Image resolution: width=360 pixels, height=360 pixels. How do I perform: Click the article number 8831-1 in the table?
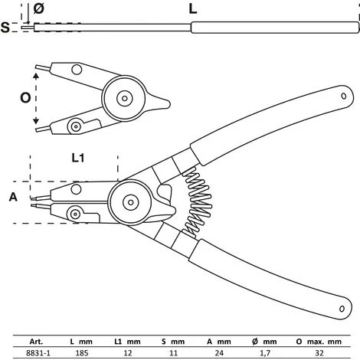(x=38, y=353)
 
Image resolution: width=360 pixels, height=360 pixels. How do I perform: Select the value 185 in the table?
(x=82, y=353)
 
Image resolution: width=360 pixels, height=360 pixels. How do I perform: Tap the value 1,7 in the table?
(x=264, y=353)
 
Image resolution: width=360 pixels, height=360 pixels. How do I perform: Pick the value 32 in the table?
(x=319, y=353)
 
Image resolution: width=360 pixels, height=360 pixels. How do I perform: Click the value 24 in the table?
(x=219, y=353)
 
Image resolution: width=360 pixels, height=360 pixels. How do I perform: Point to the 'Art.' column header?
(x=36, y=342)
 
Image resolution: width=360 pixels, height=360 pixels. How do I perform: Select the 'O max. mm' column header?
(x=319, y=342)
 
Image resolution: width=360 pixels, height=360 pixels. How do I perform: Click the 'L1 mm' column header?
(x=127, y=342)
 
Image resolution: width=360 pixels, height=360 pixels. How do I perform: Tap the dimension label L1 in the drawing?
(x=78, y=158)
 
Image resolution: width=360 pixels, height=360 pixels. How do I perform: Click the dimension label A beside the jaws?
(x=13, y=197)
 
